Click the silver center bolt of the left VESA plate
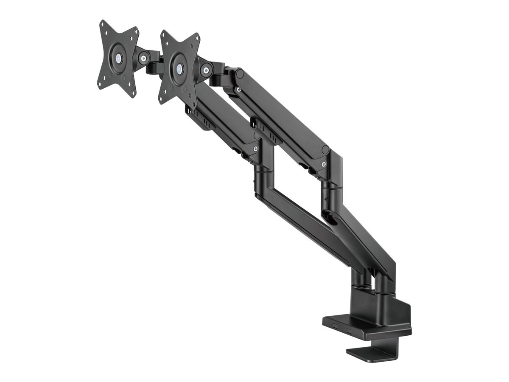117,56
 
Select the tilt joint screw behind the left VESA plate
144,56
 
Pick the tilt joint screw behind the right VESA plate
208,67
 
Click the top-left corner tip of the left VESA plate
102,22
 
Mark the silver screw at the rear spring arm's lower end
324,165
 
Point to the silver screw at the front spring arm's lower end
255,149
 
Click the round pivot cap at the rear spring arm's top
240,73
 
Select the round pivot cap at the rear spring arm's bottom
325,150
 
